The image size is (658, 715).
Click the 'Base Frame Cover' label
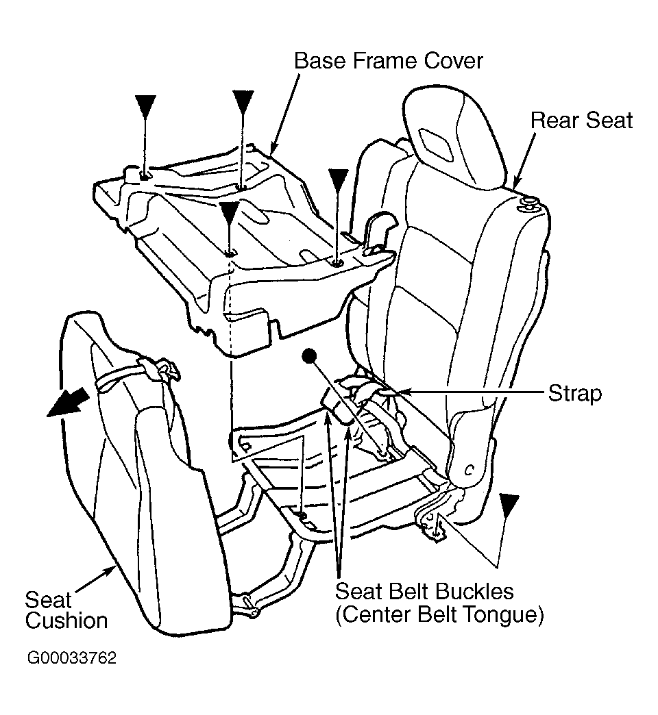click(388, 61)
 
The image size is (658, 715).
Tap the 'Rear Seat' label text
click(581, 121)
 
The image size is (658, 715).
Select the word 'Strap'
click(574, 393)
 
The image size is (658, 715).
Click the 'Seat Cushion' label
click(66, 611)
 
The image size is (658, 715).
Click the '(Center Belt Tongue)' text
click(439, 615)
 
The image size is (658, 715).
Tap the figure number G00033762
click(72, 659)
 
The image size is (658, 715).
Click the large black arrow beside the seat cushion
click(69, 403)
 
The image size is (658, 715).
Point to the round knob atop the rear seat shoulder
click(530, 201)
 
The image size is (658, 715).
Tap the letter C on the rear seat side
click(469, 471)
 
